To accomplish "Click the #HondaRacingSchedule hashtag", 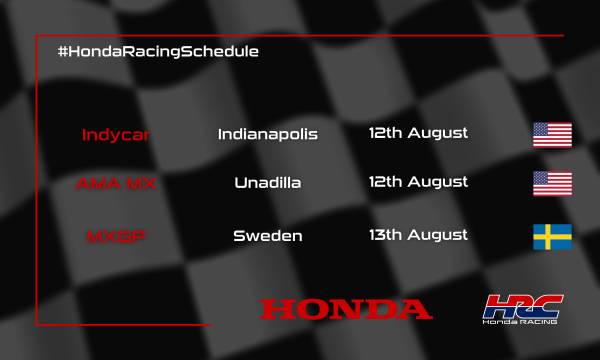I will coord(159,50).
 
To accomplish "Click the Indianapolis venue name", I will coord(267,134).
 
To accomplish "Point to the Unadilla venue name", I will coord(267,183).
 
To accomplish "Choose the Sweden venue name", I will coord(267,236).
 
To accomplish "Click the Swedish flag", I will coord(552,237).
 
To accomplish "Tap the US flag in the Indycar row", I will coord(552,134).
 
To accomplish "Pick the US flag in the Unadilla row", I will coord(552,184).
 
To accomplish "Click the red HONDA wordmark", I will coord(346,308).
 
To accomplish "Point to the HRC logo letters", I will coord(525,305).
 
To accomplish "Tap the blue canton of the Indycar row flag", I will coord(542,129).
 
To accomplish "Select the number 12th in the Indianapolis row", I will coord(385,133).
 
